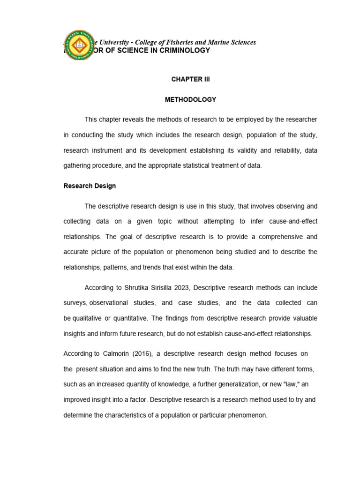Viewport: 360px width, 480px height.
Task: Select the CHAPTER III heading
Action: point(190,79)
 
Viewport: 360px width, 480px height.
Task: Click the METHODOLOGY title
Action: point(190,99)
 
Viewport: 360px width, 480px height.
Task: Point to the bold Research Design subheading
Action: point(90,186)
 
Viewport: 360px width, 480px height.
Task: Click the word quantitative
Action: point(131,318)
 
